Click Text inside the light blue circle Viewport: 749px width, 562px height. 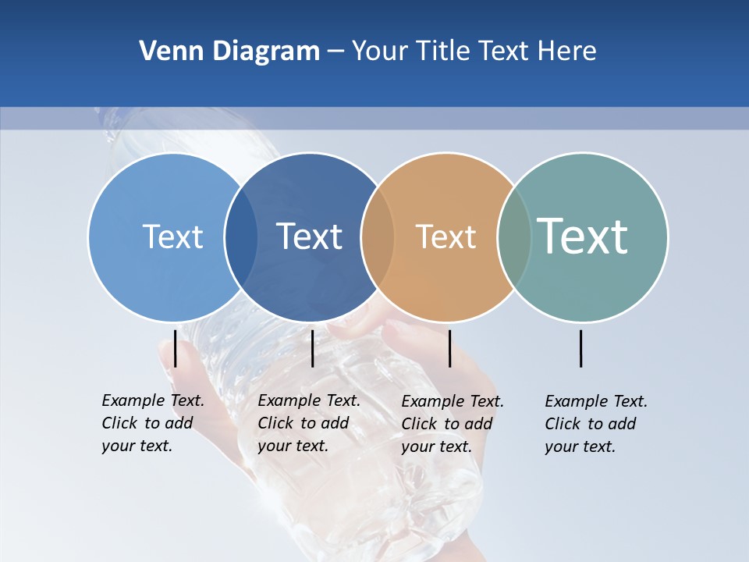(172, 237)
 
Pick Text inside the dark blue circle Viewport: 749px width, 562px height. (309, 237)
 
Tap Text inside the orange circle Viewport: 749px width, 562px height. (445, 237)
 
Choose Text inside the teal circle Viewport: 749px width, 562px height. (583, 237)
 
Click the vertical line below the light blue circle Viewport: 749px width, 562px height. (176, 348)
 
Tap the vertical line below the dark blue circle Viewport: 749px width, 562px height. (312, 348)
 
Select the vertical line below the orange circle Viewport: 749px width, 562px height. (449, 348)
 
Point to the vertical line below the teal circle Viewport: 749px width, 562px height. (580, 348)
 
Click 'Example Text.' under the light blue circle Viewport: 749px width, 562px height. (153, 400)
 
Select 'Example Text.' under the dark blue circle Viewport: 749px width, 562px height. (309, 400)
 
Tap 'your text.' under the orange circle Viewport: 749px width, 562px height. (436, 447)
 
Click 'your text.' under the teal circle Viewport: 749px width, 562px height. (580, 447)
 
